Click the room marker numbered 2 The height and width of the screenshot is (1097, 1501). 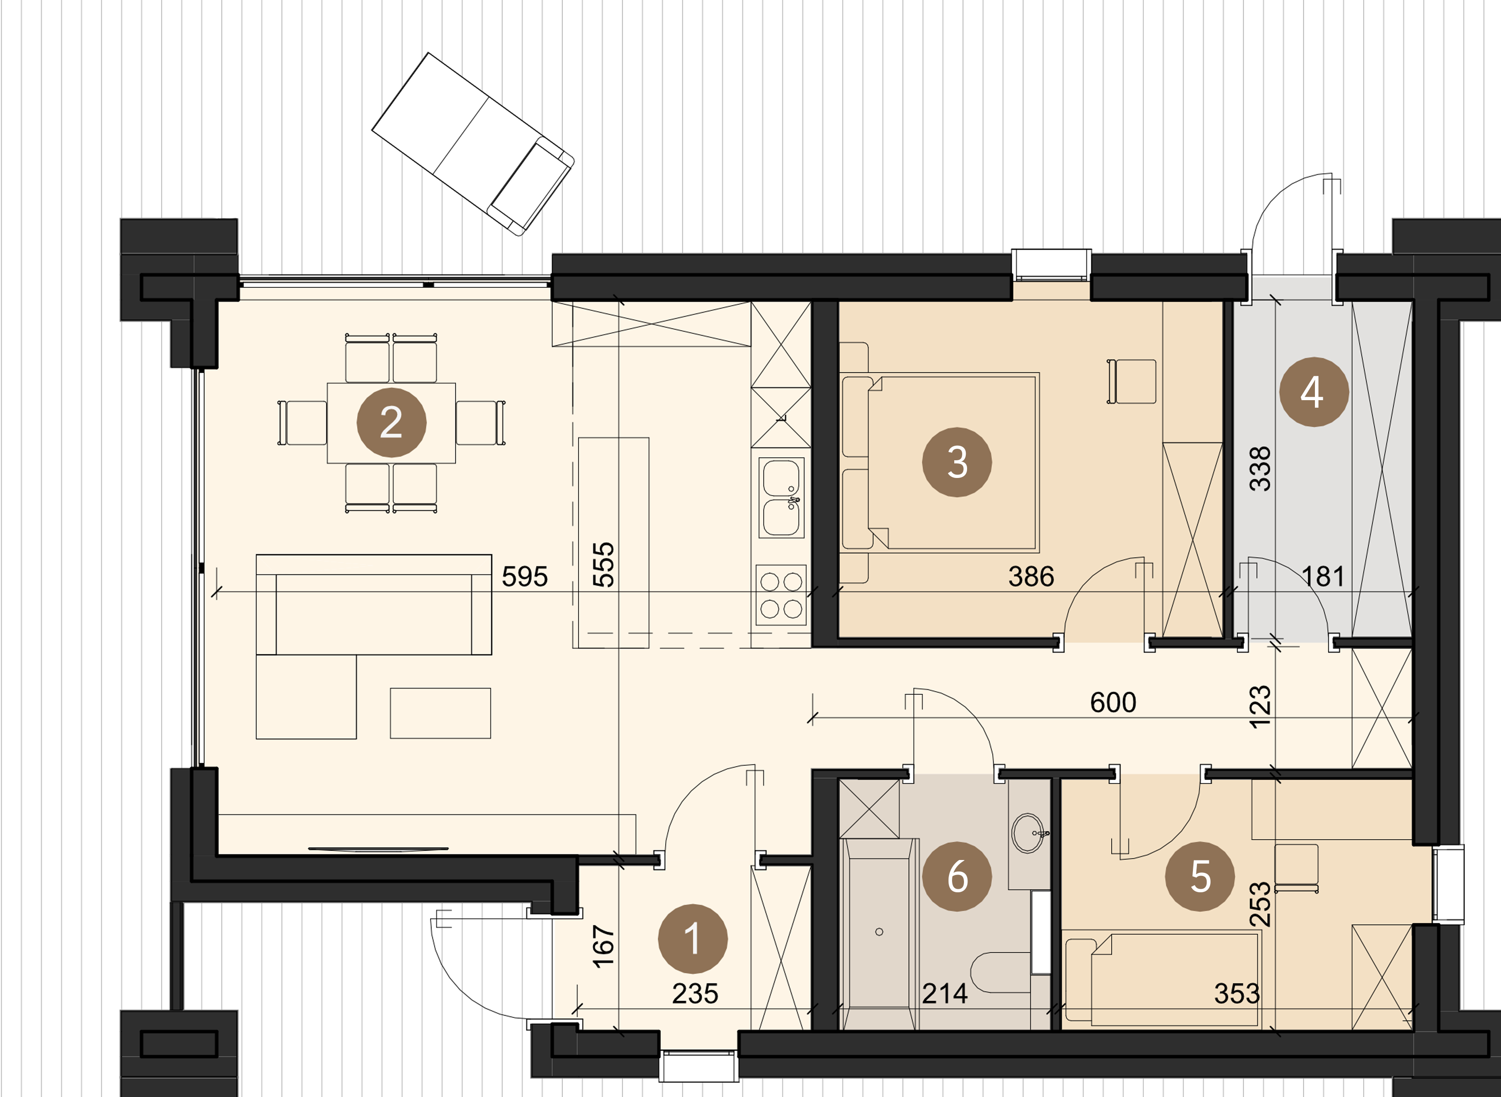tap(392, 422)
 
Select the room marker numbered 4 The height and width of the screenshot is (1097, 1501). tap(1314, 392)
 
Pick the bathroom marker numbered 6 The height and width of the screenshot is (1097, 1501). tap(956, 876)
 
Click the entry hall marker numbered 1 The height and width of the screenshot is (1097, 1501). tap(693, 939)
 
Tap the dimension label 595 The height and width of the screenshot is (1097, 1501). tap(525, 577)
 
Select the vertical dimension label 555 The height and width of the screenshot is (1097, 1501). tap(603, 565)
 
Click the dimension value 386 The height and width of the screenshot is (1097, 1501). tap(1031, 577)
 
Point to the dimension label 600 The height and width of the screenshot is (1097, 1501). tap(1113, 702)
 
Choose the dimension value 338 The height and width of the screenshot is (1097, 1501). tap(1259, 469)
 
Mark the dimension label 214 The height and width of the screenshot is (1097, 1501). tap(945, 994)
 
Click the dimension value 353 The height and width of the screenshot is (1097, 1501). tap(1237, 994)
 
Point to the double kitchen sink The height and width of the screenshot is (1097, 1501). tap(781, 497)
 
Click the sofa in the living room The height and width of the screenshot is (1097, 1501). tap(374, 605)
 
